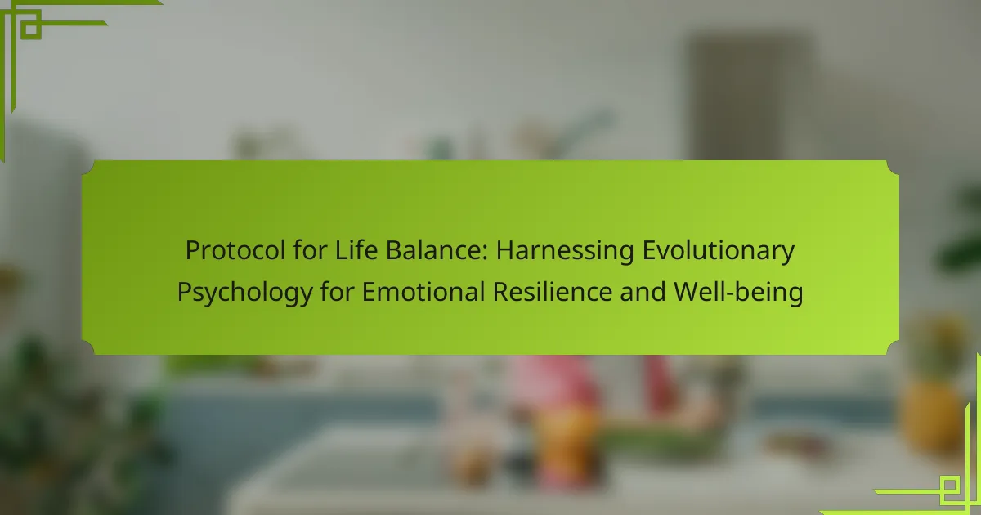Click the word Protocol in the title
click(x=235, y=250)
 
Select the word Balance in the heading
click(x=437, y=250)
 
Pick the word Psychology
click(x=244, y=293)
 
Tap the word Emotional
click(x=423, y=291)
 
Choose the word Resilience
click(x=553, y=291)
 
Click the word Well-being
click(x=738, y=293)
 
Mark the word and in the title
click(x=643, y=291)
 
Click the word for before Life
click(x=310, y=250)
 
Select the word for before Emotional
click(x=337, y=291)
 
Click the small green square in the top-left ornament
click(x=31, y=29)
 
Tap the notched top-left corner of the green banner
click(x=87, y=168)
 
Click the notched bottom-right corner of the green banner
click(x=893, y=348)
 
